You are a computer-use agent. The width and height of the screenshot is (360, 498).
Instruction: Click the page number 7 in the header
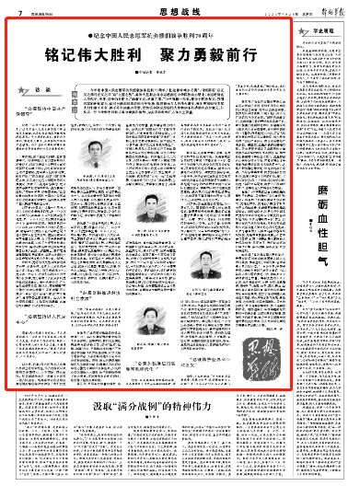pos(19,10)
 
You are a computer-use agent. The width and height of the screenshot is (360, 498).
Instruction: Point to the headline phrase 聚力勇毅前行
pos(208,52)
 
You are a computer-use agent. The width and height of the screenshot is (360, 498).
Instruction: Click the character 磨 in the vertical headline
pos(323,167)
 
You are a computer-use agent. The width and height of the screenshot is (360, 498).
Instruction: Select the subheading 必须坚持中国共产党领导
pos(48,122)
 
